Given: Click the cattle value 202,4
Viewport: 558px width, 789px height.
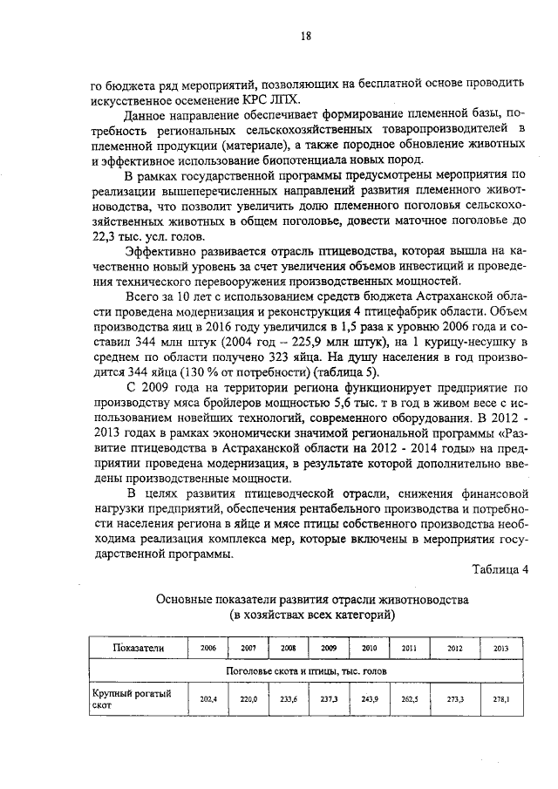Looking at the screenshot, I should [208, 699].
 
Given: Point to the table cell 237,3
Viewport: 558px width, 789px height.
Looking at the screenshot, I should [329, 699].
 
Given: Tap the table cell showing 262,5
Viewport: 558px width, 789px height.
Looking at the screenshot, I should [409, 699].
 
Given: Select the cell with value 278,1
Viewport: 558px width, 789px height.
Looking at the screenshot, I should [500, 699].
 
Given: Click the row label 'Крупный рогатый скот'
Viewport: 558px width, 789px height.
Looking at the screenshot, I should [131, 699].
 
